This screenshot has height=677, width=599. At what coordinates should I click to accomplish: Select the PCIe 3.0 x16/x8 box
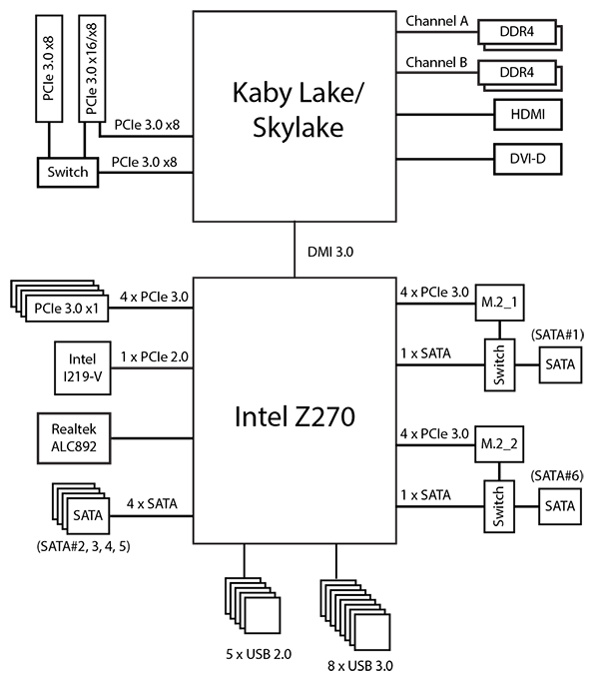click(x=94, y=66)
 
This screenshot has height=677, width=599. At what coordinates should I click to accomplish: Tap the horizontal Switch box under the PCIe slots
click(x=68, y=172)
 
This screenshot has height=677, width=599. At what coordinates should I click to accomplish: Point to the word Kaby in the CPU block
click(x=258, y=94)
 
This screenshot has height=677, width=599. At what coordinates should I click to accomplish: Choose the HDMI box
click(x=528, y=116)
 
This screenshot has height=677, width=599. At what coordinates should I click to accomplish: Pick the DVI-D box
click(x=528, y=158)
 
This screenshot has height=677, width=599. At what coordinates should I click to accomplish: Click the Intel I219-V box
click(x=83, y=367)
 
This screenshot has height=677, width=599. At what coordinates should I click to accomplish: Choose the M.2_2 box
click(x=500, y=442)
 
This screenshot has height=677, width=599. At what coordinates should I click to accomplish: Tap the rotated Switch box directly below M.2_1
click(x=500, y=364)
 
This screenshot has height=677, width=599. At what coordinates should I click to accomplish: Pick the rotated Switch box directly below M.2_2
click(x=500, y=506)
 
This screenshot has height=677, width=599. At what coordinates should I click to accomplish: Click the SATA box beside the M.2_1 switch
click(x=560, y=364)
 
